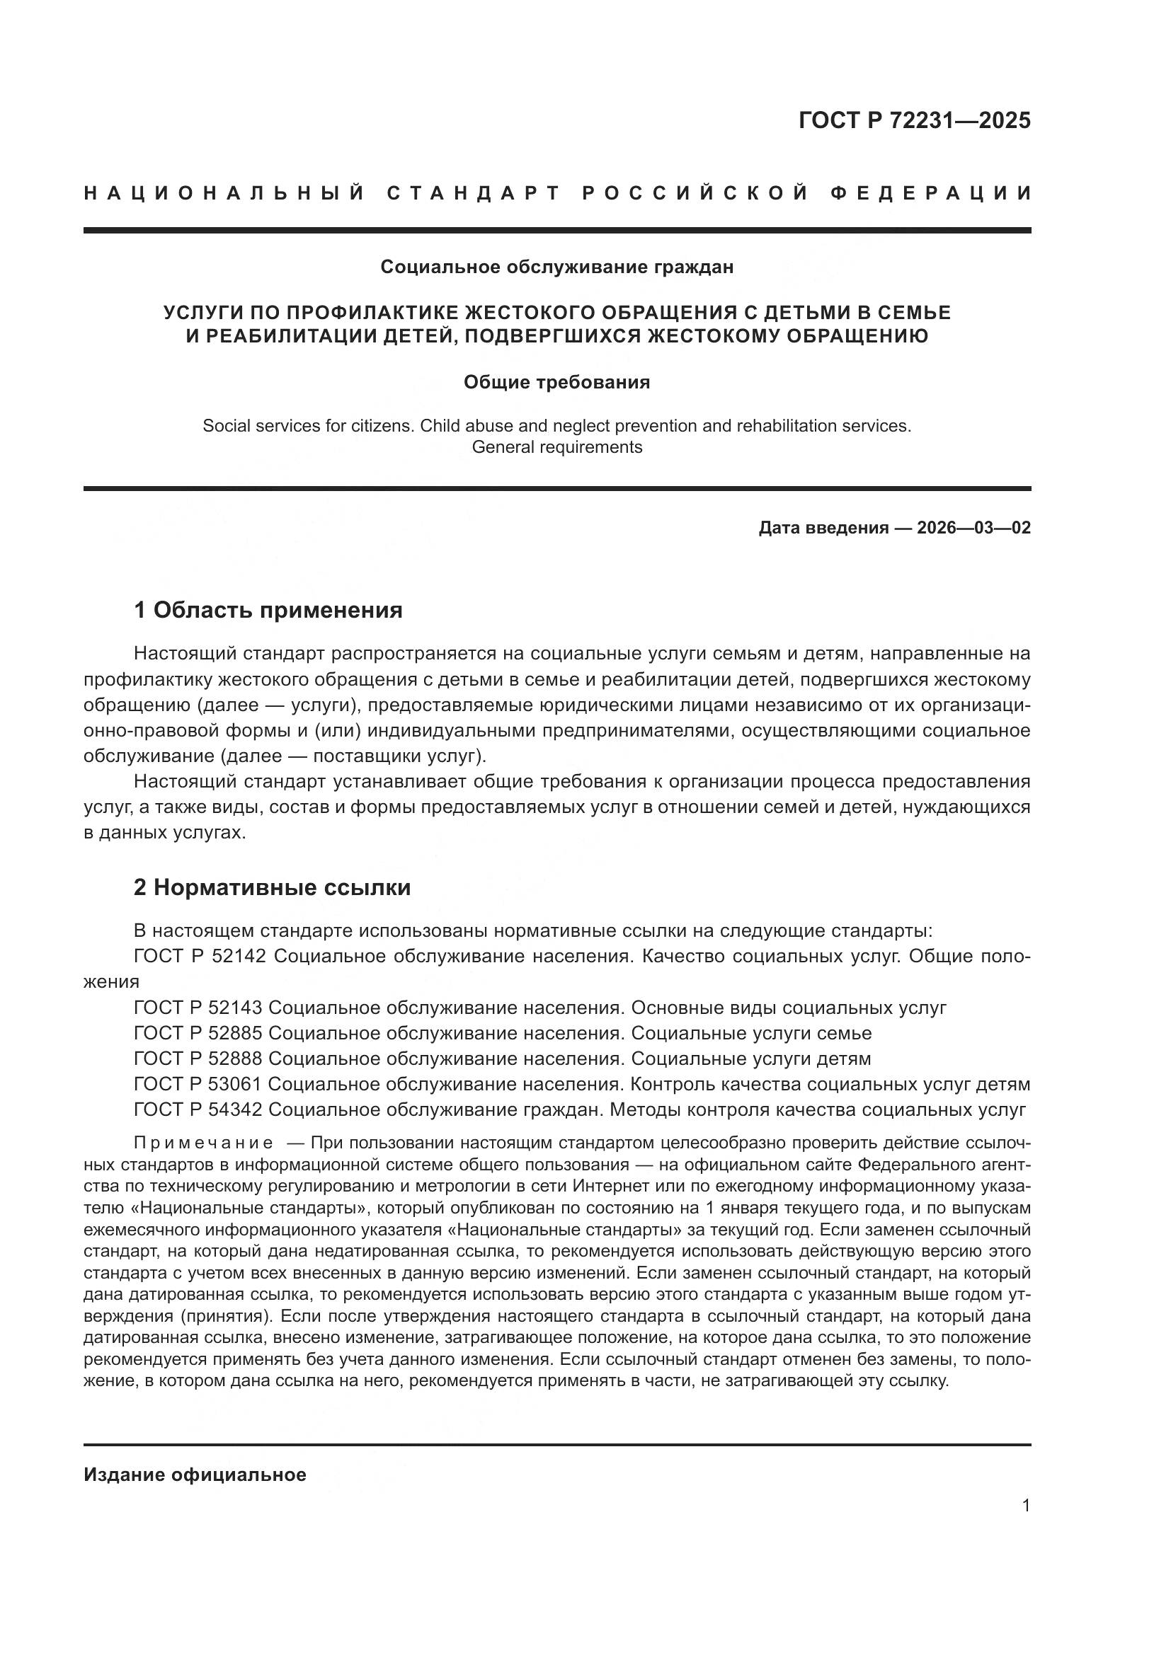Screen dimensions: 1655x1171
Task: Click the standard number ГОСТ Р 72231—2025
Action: coord(913,120)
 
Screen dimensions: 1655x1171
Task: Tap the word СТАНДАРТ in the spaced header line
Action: coord(474,193)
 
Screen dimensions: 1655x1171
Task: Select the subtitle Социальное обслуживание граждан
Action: coord(556,267)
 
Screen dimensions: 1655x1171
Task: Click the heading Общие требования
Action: coord(556,382)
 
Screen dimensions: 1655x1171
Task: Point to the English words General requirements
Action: coord(556,447)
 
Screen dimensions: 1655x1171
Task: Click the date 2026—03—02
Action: coord(973,528)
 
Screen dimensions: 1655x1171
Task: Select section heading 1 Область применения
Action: coord(268,611)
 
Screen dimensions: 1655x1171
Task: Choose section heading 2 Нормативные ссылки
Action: coord(272,887)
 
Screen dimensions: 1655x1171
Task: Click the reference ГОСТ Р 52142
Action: coord(200,957)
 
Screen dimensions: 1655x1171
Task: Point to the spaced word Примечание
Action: coord(203,1143)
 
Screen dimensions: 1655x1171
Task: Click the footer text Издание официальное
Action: coord(195,1475)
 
